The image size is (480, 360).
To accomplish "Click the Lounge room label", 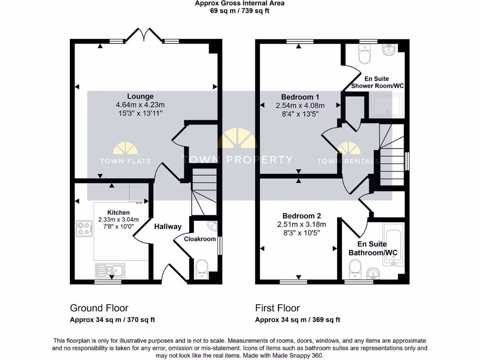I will [x=140, y=97].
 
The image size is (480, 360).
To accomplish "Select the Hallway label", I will [x=168, y=227].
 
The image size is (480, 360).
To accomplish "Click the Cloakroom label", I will [x=200, y=239].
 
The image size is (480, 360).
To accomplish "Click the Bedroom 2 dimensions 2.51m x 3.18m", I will [x=301, y=225].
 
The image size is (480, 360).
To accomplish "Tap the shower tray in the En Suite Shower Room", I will [x=387, y=106].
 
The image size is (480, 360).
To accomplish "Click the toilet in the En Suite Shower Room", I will [x=364, y=55].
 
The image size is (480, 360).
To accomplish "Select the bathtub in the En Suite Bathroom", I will [x=393, y=245].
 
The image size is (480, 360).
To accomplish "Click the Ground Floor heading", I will [x=99, y=308].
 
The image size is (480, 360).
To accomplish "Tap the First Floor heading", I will [x=277, y=308].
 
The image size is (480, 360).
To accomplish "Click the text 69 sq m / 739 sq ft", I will [x=240, y=11].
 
